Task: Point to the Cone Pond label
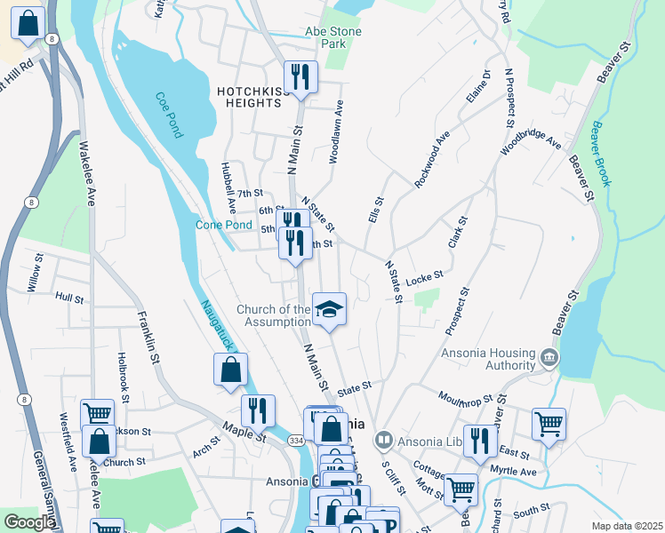coord(224,225)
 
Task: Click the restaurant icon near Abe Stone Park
coord(300,76)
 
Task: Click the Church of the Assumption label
coord(274,315)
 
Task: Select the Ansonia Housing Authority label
coord(488,360)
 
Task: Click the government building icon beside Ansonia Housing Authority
coord(549,359)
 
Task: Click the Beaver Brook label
coord(602,153)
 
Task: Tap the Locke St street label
coord(424,280)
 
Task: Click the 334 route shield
coord(297,440)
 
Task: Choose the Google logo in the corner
coord(30,522)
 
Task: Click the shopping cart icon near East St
coord(549,424)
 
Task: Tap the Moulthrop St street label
coord(463,397)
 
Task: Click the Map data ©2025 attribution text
coord(627,526)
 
